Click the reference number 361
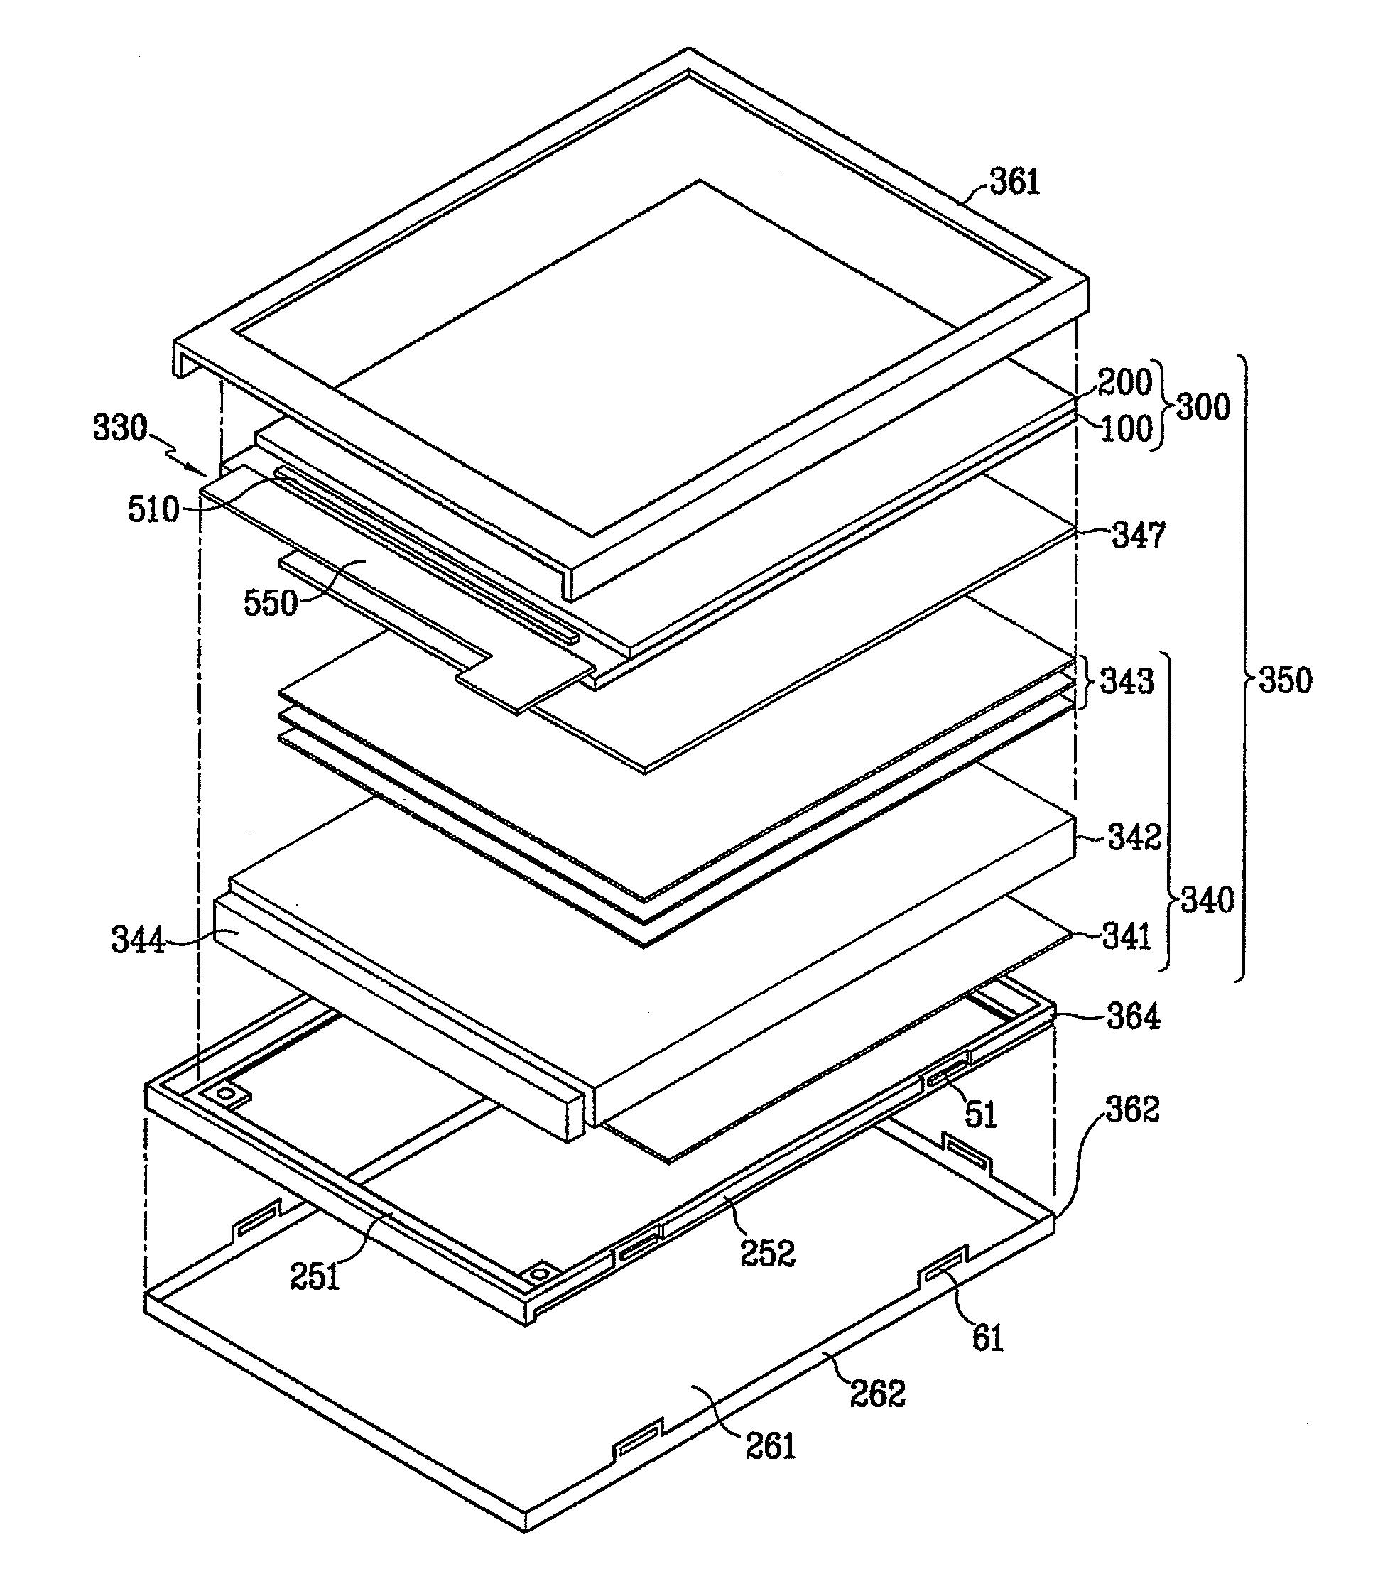(x=1015, y=182)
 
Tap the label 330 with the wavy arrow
(x=120, y=428)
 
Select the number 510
(x=153, y=510)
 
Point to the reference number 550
(x=270, y=603)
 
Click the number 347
(x=1137, y=536)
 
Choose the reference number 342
(x=1134, y=837)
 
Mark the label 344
(x=138, y=940)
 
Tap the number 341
(x=1127, y=936)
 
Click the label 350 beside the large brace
(x=1285, y=680)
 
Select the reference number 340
(x=1207, y=900)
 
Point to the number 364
(x=1133, y=1018)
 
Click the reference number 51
(x=981, y=1115)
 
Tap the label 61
(x=988, y=1338)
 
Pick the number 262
(x=877, y=1394)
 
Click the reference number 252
(x=768, y=1254)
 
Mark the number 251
(x=315, y=1277)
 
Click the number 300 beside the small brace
(x=1203, y=407)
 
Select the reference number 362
(x=1134, y=1109)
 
